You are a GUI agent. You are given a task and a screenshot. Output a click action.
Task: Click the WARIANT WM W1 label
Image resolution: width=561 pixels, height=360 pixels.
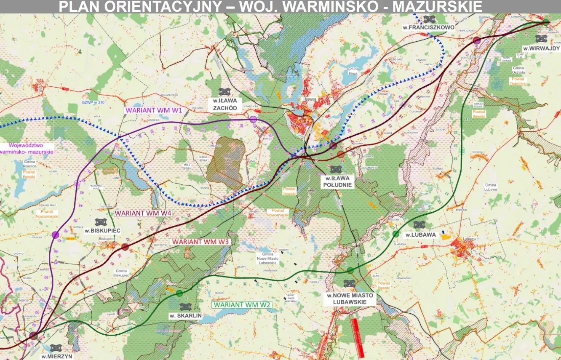[154, 110]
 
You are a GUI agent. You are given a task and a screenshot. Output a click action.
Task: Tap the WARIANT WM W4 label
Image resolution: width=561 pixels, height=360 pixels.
[143, 213]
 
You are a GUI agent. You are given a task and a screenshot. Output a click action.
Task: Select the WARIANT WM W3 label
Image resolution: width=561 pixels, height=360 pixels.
[200, 242]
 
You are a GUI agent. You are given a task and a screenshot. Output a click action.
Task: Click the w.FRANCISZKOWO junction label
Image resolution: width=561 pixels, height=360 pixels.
[428, 27]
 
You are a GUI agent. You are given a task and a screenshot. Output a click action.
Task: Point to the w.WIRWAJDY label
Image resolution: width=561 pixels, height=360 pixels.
[541, 49]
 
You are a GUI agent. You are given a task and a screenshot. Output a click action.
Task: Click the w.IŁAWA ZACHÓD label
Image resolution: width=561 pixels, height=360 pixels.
[225, 104]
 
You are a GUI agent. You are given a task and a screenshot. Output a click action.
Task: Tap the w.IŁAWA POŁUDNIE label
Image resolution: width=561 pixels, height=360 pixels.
[337, 181]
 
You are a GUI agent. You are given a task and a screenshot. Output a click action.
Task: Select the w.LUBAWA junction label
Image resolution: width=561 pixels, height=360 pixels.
[420, 235]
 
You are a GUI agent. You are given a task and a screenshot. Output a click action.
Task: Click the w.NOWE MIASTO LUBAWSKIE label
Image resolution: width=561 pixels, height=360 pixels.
[350, 299]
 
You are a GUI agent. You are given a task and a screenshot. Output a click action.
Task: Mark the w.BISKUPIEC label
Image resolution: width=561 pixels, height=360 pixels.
[102, 231]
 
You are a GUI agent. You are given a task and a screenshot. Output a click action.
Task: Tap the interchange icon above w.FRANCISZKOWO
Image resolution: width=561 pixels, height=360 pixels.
[429, 19]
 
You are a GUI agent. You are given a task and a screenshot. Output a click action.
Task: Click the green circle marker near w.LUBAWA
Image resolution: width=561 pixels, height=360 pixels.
[395, 234]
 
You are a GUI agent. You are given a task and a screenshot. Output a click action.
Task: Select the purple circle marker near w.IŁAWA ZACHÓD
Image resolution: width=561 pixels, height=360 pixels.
[253, 120]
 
